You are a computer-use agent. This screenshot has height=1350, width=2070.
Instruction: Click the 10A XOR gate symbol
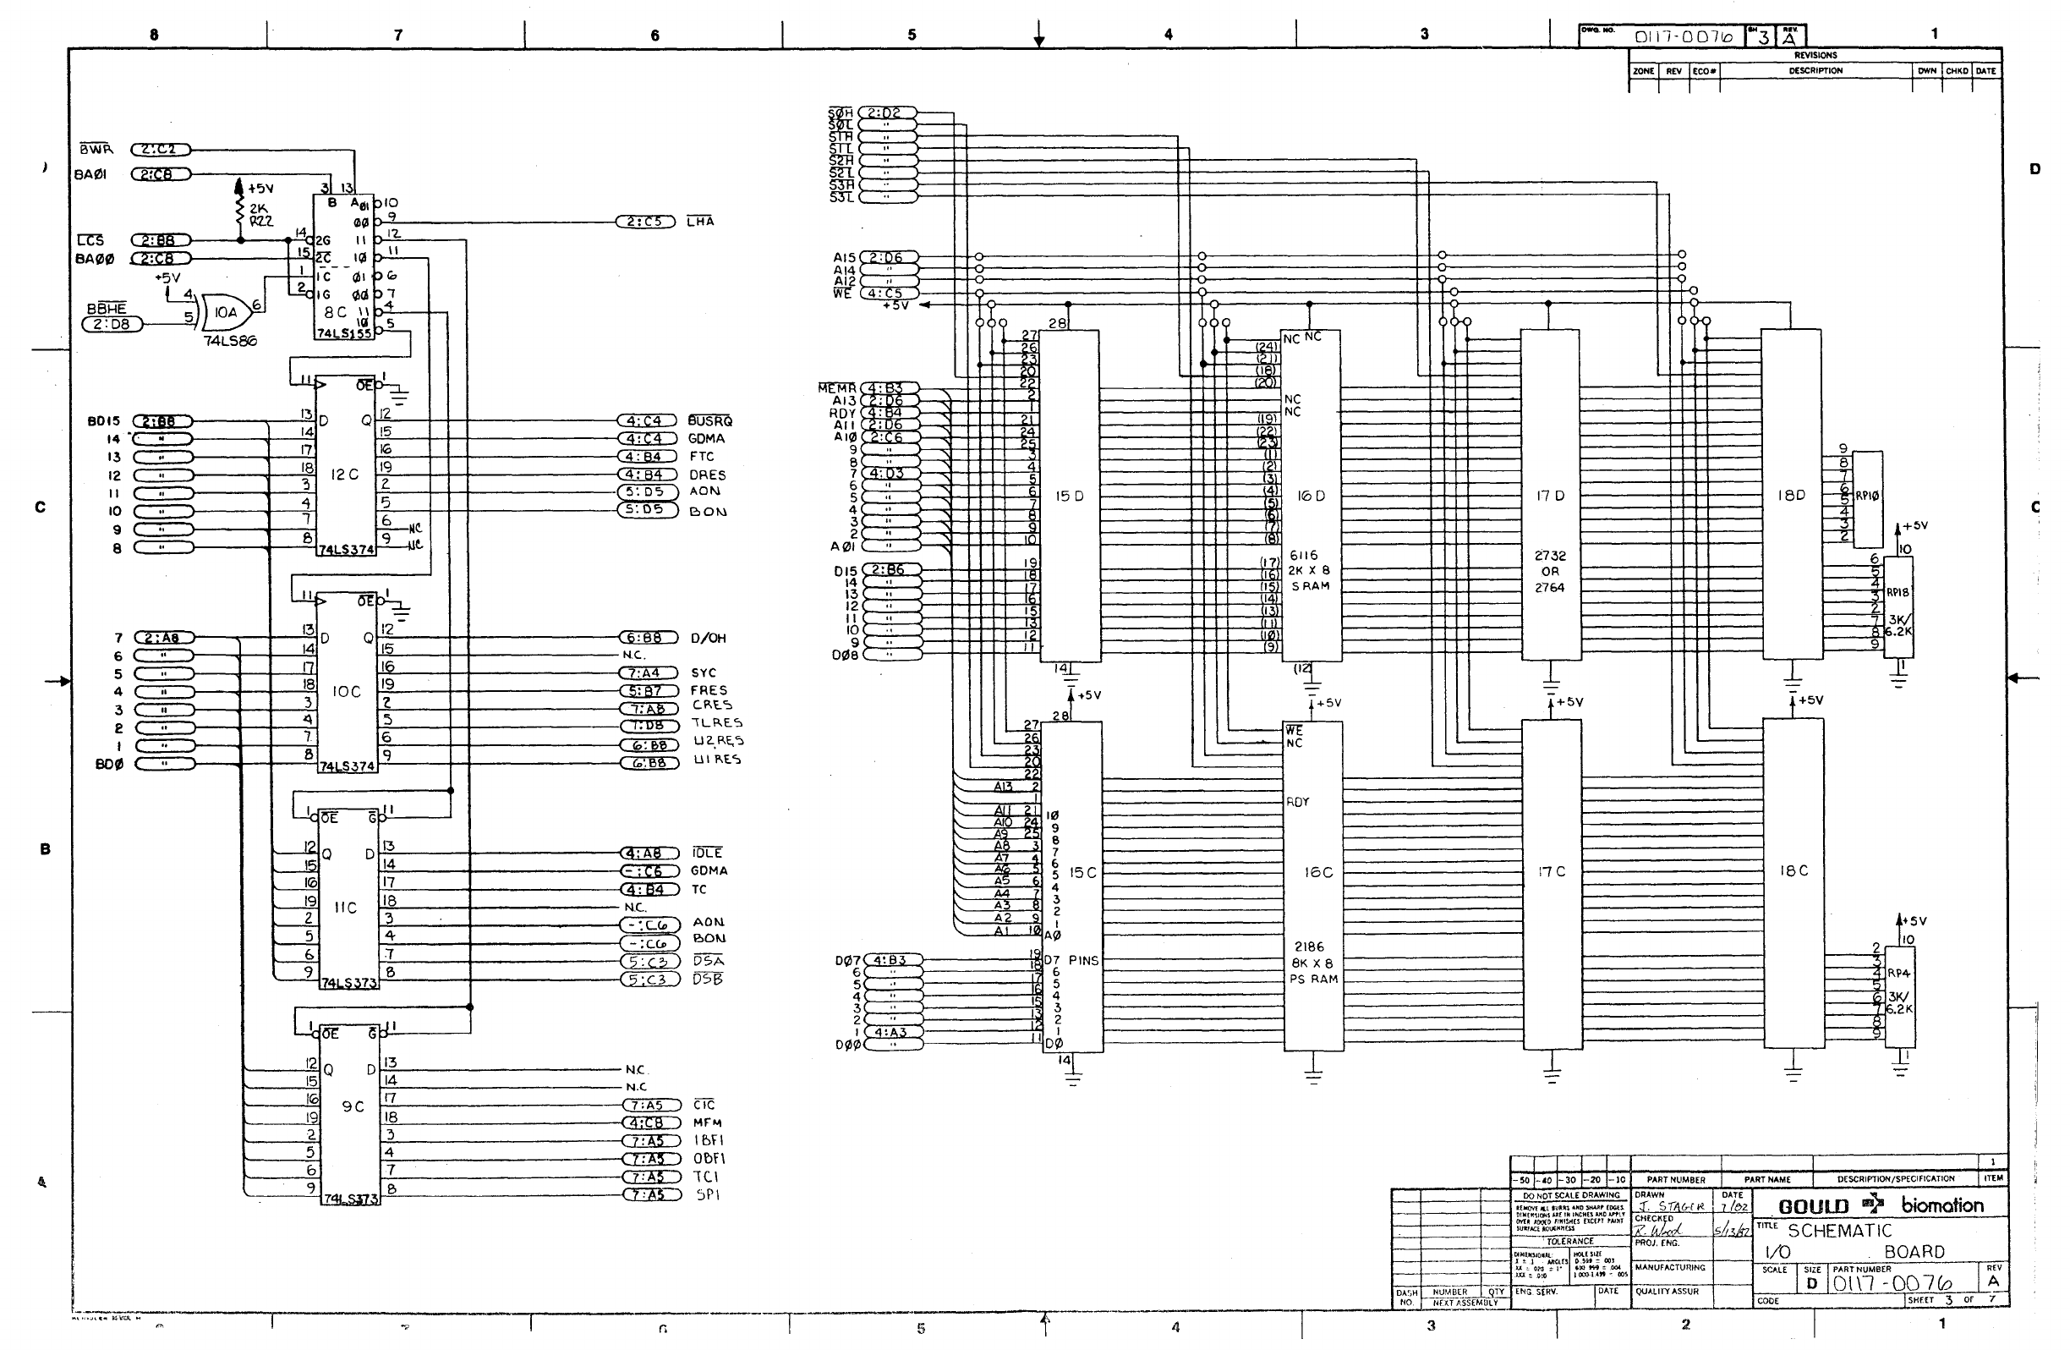(222, 310)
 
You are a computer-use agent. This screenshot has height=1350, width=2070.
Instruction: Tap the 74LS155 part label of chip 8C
(343, 333)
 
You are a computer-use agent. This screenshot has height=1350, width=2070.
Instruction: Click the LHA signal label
(700, 221)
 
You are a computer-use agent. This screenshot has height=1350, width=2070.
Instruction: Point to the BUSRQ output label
(709, 421)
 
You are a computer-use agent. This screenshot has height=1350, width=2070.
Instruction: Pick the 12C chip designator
(344, 474)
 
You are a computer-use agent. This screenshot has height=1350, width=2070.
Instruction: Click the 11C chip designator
(345, 908)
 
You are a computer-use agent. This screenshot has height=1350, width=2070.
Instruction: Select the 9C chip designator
(353, 1106)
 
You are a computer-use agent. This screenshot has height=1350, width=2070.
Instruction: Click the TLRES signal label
(717, 723)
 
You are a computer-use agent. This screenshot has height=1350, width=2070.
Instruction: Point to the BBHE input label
(106, 309)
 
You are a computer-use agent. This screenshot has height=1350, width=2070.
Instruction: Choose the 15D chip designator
(1069, 496)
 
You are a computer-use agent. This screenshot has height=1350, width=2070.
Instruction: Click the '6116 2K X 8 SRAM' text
(1309, 571)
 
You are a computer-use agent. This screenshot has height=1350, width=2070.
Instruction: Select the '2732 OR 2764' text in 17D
(1549, 572)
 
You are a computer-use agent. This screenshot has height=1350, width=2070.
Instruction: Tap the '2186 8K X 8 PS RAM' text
(1313, 963)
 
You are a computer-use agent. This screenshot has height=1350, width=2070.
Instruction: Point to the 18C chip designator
(1793, 870)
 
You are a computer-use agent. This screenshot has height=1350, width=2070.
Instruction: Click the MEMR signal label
(836, 388)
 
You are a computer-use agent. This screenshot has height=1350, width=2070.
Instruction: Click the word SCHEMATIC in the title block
(1839, 1231)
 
